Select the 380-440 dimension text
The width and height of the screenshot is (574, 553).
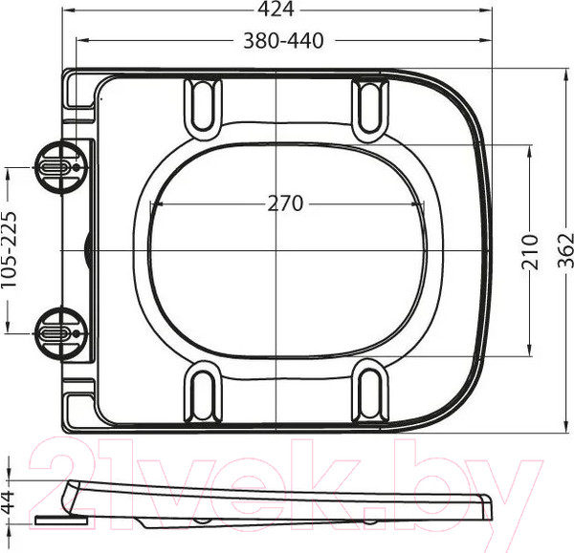coord(283,40)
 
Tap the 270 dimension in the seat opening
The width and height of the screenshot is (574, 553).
coord(284,203)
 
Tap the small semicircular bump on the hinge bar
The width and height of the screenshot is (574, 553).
coord(89,250)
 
